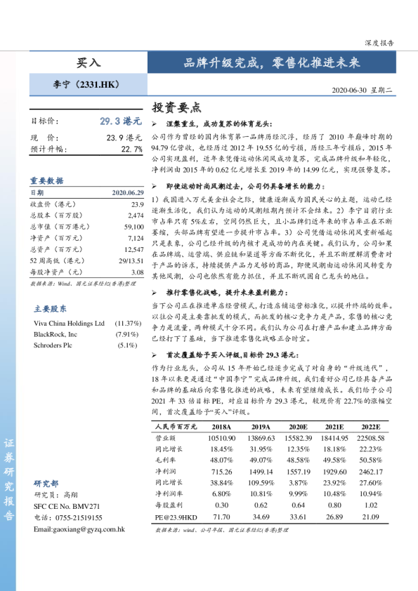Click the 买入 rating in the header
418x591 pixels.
[x=89, y=62]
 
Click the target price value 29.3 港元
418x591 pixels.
[x=121, y=121]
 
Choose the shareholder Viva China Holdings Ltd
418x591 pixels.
[x=69, y=323]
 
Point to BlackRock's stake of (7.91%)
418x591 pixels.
[x=127, y=334]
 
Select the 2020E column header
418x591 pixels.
[x=298, y=426]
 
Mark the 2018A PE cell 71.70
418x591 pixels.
[x=221, y=517]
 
